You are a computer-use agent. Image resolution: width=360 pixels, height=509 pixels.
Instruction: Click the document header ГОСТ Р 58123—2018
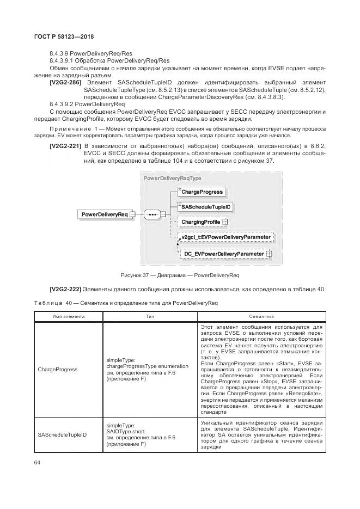click(60, 36)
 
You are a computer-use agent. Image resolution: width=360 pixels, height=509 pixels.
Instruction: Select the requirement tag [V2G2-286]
click(65, 82)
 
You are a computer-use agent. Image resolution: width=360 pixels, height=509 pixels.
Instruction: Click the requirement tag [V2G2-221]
click(65, 146)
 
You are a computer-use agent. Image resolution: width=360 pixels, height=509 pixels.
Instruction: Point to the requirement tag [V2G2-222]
click(65, 289)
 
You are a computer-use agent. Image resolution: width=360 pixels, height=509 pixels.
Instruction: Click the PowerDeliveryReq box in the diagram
click(104, 214)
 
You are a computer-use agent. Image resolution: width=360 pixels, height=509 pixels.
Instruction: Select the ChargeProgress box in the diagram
click(202, 192)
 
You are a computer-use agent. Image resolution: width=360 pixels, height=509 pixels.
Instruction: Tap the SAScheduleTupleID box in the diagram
click(206, 207)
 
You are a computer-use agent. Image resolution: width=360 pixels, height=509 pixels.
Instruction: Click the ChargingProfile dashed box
click(200, 222)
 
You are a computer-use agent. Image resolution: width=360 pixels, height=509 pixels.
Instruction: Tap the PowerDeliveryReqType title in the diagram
click(172, 178)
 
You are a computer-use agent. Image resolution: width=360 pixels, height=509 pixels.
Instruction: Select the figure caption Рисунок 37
click(180, 275)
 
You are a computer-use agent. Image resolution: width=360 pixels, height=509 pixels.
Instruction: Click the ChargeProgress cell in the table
click(57, 369)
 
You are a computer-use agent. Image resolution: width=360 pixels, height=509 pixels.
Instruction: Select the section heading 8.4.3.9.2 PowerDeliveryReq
click(87, 103)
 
